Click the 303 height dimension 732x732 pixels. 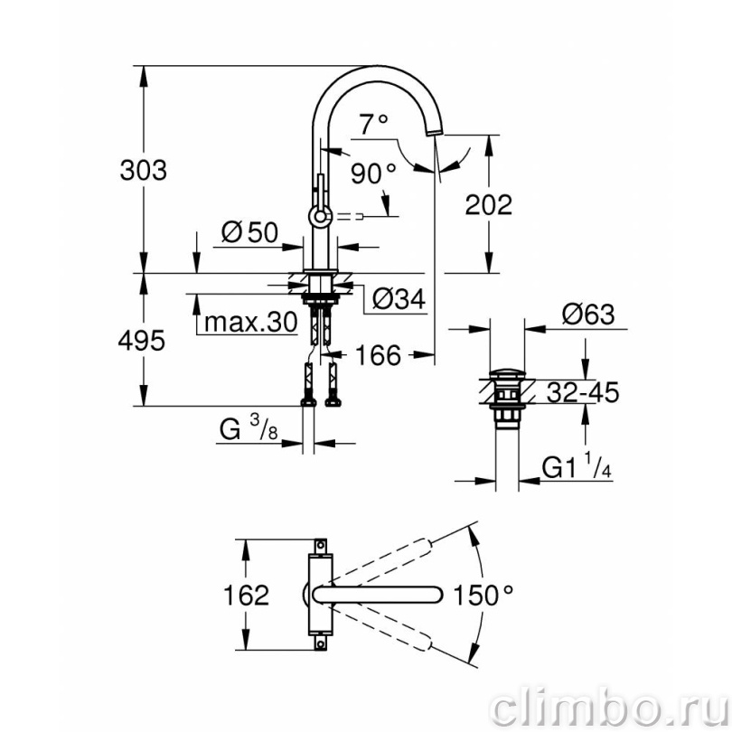pyautogui.click(x=144, y=171)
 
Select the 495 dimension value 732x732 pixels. pyautogui.click(x=142, y=341)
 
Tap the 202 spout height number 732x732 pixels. pyautogui.click(x=488, y=205)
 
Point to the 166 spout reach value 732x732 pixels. pyautogui.click(x=378, y=355)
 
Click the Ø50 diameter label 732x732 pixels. pyautogui.click(x=249, y=232)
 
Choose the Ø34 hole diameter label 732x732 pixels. pyautogui.click(x=399, y=299)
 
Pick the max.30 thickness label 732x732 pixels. pyautogui.click(x=251, y=322)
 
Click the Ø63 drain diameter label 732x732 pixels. pyautogui.click(x=588, y=314)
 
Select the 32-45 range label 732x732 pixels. pyautogui.click(x=583, y=392)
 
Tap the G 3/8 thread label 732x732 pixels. pyautogui.click(x=249, y=428)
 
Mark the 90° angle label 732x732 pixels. pyautogui.click(x=373, y=174)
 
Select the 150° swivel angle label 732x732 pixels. pyautogui.click(x=483, y=596)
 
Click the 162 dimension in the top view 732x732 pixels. pyautogui.click(x=246, y=596)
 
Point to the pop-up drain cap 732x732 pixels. pyautogui.click(x=507, y=373)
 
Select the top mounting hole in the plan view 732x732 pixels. pyautogui.click(x=320, y=545)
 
